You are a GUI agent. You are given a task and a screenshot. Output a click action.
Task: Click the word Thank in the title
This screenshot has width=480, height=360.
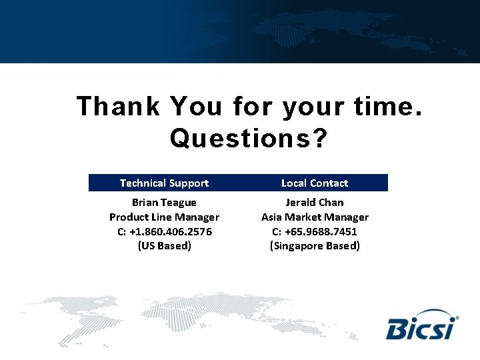tap(118, 107)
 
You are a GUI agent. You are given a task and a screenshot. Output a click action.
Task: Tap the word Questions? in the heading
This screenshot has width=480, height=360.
tap(249, 139)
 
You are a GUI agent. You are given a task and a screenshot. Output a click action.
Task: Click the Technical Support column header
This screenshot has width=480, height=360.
tap(164, 183)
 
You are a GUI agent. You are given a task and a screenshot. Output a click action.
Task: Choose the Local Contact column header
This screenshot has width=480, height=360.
tap(315, 183)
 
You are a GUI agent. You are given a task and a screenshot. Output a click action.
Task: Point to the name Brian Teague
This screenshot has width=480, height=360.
tap(164, 202)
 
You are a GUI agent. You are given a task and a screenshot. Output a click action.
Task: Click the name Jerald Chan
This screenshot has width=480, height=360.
tap(315, 202)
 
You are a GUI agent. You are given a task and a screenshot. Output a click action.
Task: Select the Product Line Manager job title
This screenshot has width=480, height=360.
tap(164, 217)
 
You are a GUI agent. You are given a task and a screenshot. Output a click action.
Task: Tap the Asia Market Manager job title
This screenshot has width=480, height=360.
tap(315, 217)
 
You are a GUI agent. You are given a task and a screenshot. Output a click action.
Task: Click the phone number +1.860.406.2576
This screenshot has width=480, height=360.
tap(171, 231)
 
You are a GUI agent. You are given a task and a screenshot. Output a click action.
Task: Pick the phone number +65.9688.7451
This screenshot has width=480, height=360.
tap(321, 231)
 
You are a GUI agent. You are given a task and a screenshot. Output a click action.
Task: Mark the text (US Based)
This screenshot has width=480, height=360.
tap(164, 246)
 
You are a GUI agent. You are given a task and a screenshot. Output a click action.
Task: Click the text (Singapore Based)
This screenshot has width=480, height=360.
tap(315, 246)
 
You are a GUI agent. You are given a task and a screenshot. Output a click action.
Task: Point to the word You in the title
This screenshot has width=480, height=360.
tap(197, 107)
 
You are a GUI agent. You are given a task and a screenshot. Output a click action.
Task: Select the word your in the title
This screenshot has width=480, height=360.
tap(309, 107)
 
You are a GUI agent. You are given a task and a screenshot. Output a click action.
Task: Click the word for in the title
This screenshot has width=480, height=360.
tap(253, 107)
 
